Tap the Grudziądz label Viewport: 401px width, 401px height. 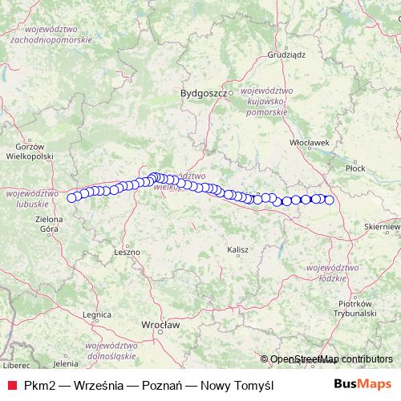coord(285,56)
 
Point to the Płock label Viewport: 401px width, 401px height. coord(354,168)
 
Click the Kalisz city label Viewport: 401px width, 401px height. coord(237,249)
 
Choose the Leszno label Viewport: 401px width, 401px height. coord(127,251)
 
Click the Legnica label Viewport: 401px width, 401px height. coord(95,315)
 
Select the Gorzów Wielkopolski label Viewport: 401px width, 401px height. coord(34,152)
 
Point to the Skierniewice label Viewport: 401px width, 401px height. coord(381,227)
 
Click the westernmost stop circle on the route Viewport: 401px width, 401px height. coord(72,197)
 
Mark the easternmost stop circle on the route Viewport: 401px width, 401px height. coord(329,200)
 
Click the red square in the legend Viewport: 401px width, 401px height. coord(11,385)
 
